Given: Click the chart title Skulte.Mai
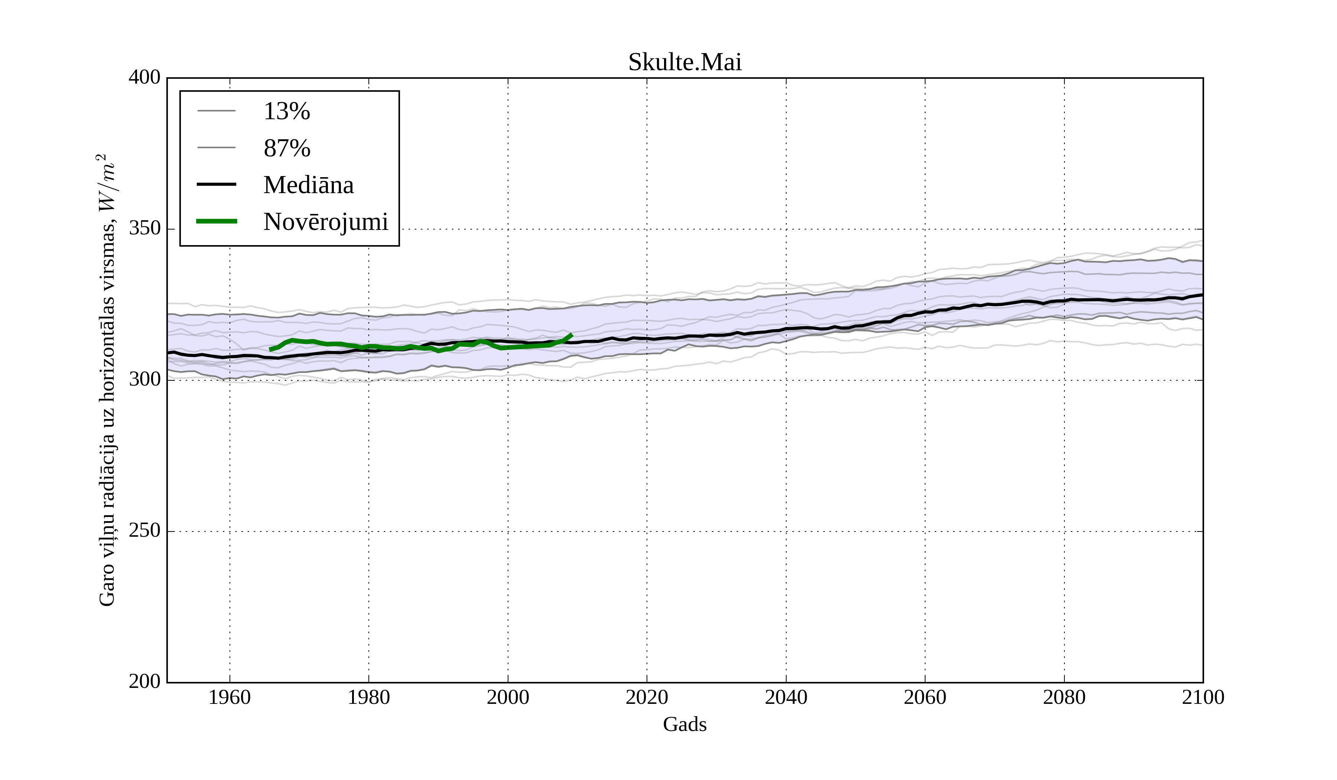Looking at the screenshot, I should coord(684,63).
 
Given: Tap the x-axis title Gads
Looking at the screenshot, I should coord(684,724).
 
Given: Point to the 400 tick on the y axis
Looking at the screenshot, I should coord(144,78).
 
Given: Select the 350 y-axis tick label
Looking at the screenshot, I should coord(144,229).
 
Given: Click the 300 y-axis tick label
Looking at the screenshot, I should coord(144,380).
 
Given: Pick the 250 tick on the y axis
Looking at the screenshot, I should coord(144,531).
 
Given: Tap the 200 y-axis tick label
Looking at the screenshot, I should coord(144,681).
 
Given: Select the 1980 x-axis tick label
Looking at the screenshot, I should coord(369,697).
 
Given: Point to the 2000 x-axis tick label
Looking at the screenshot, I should coord(508,697).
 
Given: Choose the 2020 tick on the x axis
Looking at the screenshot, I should coord(647,697).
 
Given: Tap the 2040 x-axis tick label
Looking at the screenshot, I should coord(786,697).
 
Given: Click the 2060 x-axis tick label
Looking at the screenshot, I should coord(925,697).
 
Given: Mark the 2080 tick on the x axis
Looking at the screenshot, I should coord(1064,697).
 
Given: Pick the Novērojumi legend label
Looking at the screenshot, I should coord(325,222).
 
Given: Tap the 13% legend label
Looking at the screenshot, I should coord(286,111).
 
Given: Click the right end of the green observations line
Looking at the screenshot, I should coord(572,335).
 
